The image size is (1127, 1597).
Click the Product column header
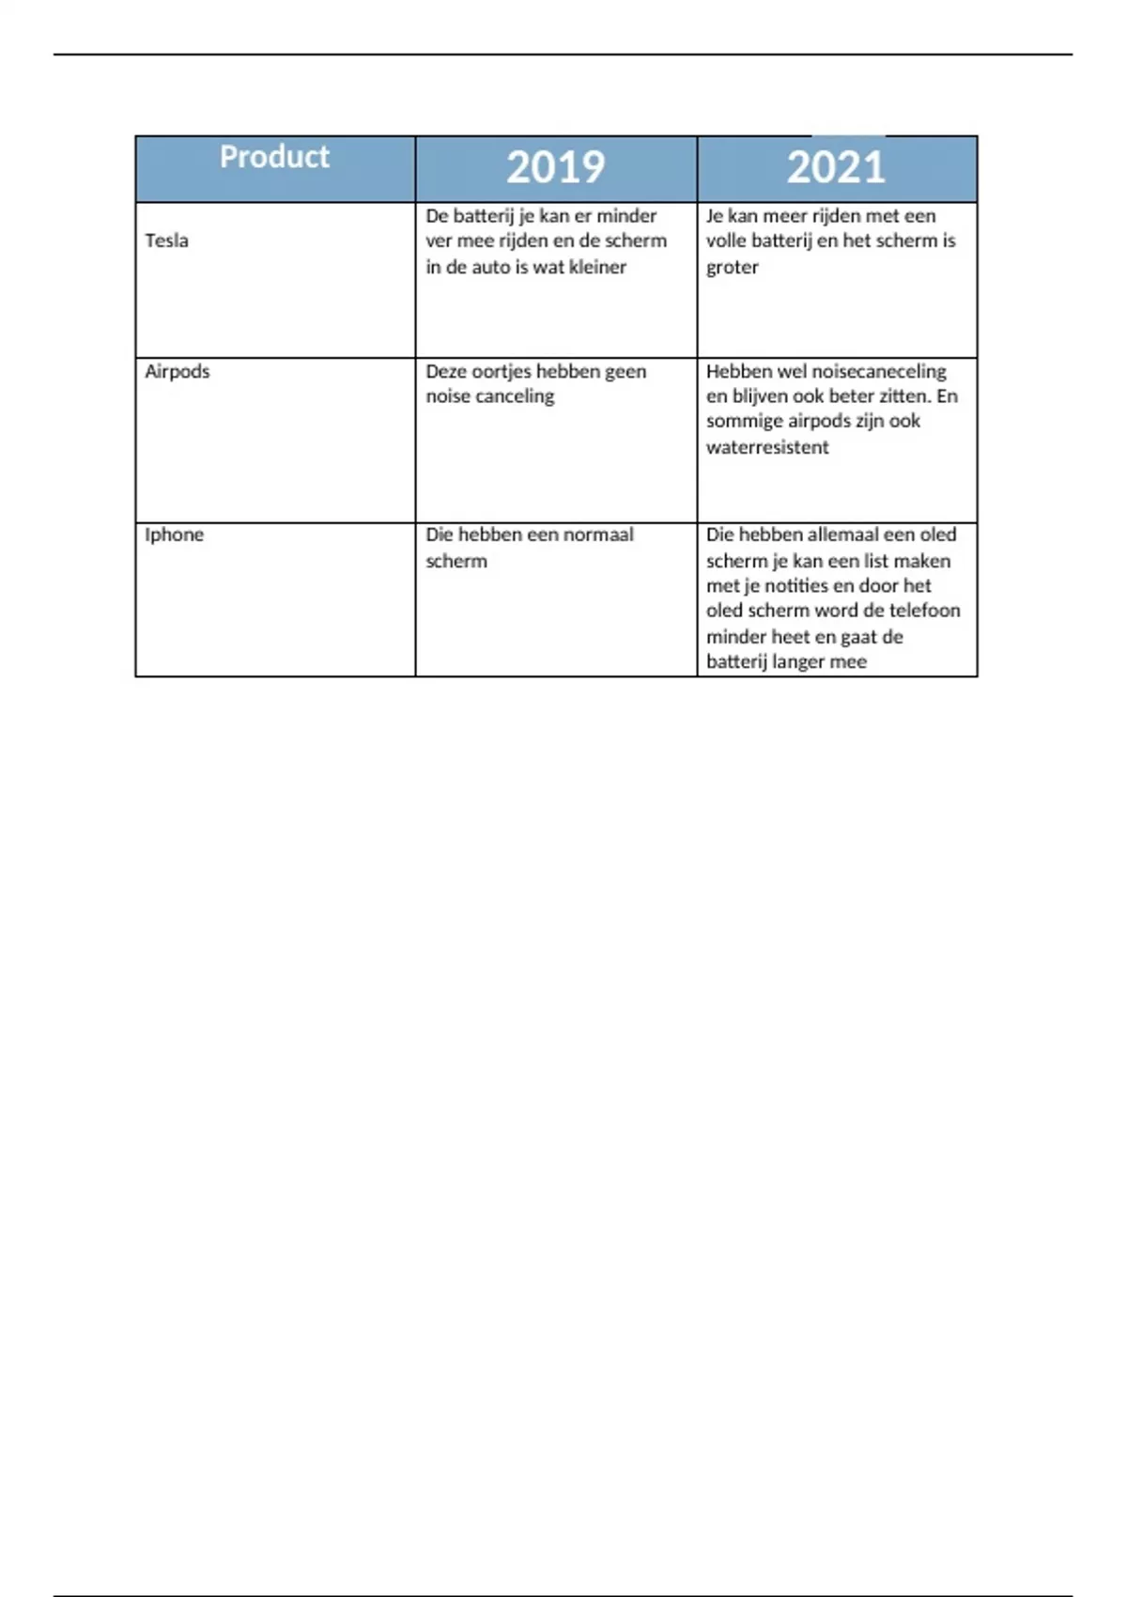pyautogui.click(x=274, y=157)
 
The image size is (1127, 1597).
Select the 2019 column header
pyautogui.click(x=555, y=167)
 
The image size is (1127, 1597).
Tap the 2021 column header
pyautogui.click(x=836, y=167)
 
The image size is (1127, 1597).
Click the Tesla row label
pyautogui.click(x=166, y=240)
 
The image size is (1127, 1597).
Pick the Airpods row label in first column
pyautogui.click(x=177, y=371)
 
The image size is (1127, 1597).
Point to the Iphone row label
pyautogui.click(x=174, y=535)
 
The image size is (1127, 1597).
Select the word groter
pyautogui.click(x=732, y=267)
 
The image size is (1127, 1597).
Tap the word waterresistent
pyautogui.click(x=767, y=447)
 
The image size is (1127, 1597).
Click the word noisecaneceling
pyautogui.click(x=880, y=371)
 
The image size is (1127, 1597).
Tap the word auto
pyautogui.click(x=489, y=267)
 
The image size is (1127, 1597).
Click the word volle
pyautogui.click(x=726, y=240)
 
